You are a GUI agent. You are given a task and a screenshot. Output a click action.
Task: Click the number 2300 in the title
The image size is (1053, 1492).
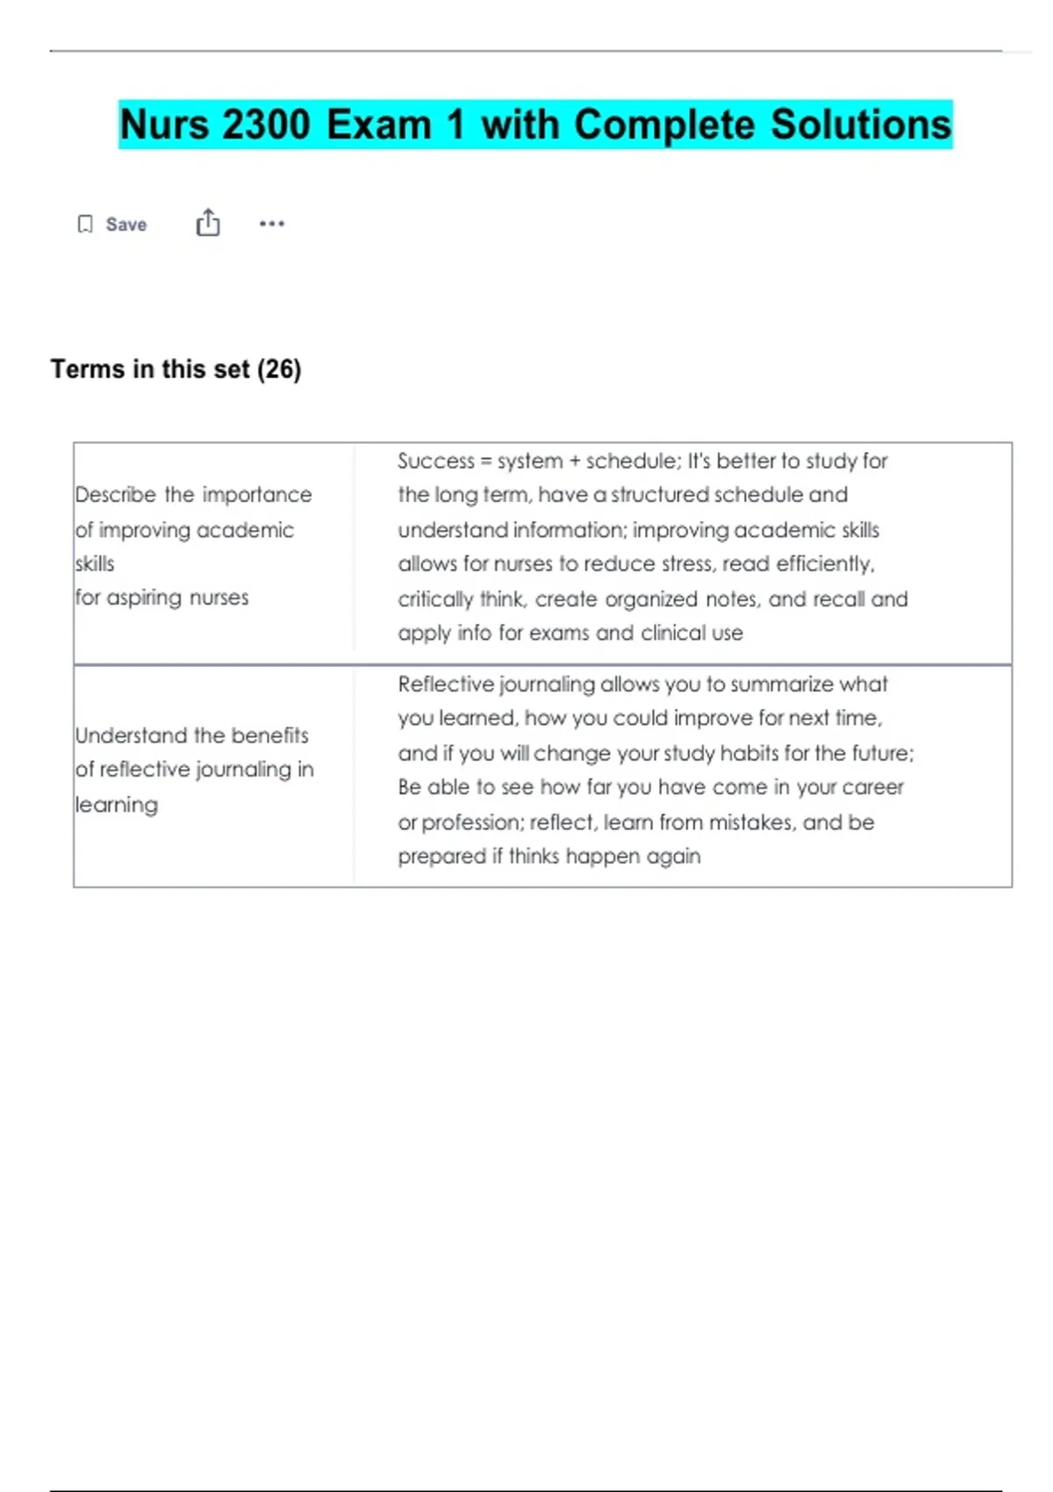[x=266, y=125]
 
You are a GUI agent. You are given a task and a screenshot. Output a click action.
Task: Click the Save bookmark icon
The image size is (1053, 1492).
[x=85, y=225]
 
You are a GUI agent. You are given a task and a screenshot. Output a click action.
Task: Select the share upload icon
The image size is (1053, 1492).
[x=208, y=223]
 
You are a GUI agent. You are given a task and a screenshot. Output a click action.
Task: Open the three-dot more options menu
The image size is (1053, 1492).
[x=272, y=224]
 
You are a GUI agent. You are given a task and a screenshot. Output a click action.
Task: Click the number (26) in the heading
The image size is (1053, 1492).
[x=279, y=369]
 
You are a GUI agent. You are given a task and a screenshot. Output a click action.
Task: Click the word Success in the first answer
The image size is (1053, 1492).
[x=435, y=462]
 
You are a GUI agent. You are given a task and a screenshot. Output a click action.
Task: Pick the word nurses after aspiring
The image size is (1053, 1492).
[x=218, y=598]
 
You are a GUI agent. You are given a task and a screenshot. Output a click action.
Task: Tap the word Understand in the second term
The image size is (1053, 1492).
[x=131, y=735]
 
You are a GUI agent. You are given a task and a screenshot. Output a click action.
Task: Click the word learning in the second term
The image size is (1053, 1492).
[x=117, y=805]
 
